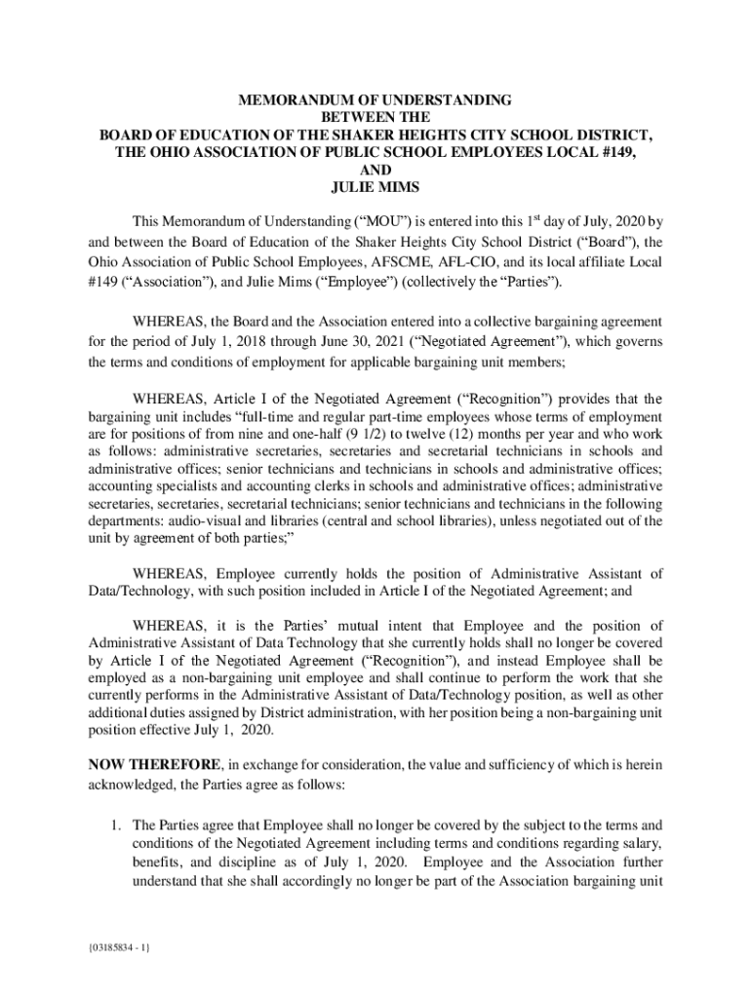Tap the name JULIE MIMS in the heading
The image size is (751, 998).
tap(375, 187)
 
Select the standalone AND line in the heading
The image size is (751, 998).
tap(375, 170)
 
